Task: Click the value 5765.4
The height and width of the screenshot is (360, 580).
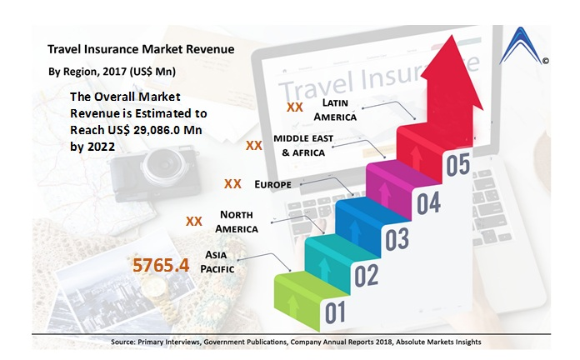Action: click(x=162, y=266)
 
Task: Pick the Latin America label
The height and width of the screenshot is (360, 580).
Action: click(x=341, y=109)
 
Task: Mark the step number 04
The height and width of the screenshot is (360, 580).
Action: click(x=428, y=202)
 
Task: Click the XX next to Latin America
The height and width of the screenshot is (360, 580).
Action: click(x=294, y=107)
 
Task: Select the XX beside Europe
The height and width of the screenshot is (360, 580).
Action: click(x=233, y=183)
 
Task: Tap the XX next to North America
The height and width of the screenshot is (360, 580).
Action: click(x=194, y=222)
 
